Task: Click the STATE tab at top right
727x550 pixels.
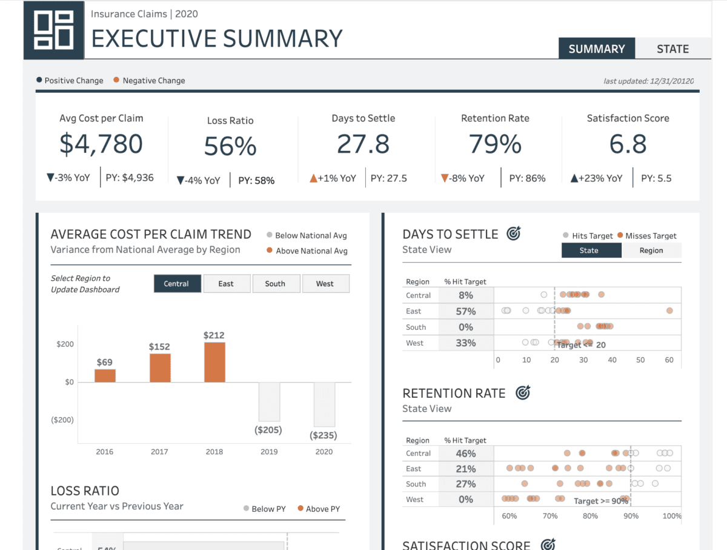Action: tap(672, 49)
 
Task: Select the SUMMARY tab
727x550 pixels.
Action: tap(596, 49)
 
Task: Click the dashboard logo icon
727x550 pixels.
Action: tap(54, 30)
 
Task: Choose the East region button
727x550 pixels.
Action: tap(226, 284)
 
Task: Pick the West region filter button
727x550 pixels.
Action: tap(325, 284)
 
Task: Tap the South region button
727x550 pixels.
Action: tap(275, 284)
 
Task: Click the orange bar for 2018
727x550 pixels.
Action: tap(214, 362)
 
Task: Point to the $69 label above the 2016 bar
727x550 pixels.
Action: tap(104, 362)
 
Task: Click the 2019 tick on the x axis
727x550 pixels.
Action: tap(269, 451)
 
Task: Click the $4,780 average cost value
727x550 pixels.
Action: tap(101, 144)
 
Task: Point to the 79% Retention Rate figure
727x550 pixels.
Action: tap(495, 144)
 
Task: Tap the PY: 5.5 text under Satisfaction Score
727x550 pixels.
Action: tap(656, 178)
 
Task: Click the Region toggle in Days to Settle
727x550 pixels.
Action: tap(651, 250)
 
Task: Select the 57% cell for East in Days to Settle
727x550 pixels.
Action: tap(466, 311)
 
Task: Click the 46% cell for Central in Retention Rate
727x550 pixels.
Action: tap(466, 454)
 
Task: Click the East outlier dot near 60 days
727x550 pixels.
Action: tap(669, 310)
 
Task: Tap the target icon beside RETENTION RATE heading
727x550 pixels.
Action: tap(522, 393)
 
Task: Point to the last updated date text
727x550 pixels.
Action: tap(648, 81)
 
